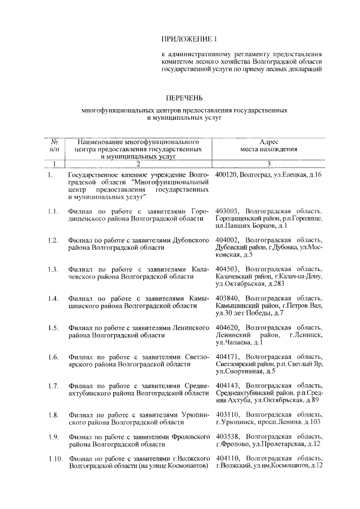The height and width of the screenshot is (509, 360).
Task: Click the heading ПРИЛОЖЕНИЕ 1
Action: click(x=189, y=39)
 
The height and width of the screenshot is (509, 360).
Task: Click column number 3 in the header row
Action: click(x=269, y=164)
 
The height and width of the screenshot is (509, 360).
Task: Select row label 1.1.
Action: click(x=53, y=211)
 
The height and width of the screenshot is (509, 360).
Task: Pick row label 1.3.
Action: click(x=53, y=269)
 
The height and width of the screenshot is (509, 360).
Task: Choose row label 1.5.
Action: click(x=53, y=327)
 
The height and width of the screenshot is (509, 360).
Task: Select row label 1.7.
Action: click(x=53, y=386)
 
